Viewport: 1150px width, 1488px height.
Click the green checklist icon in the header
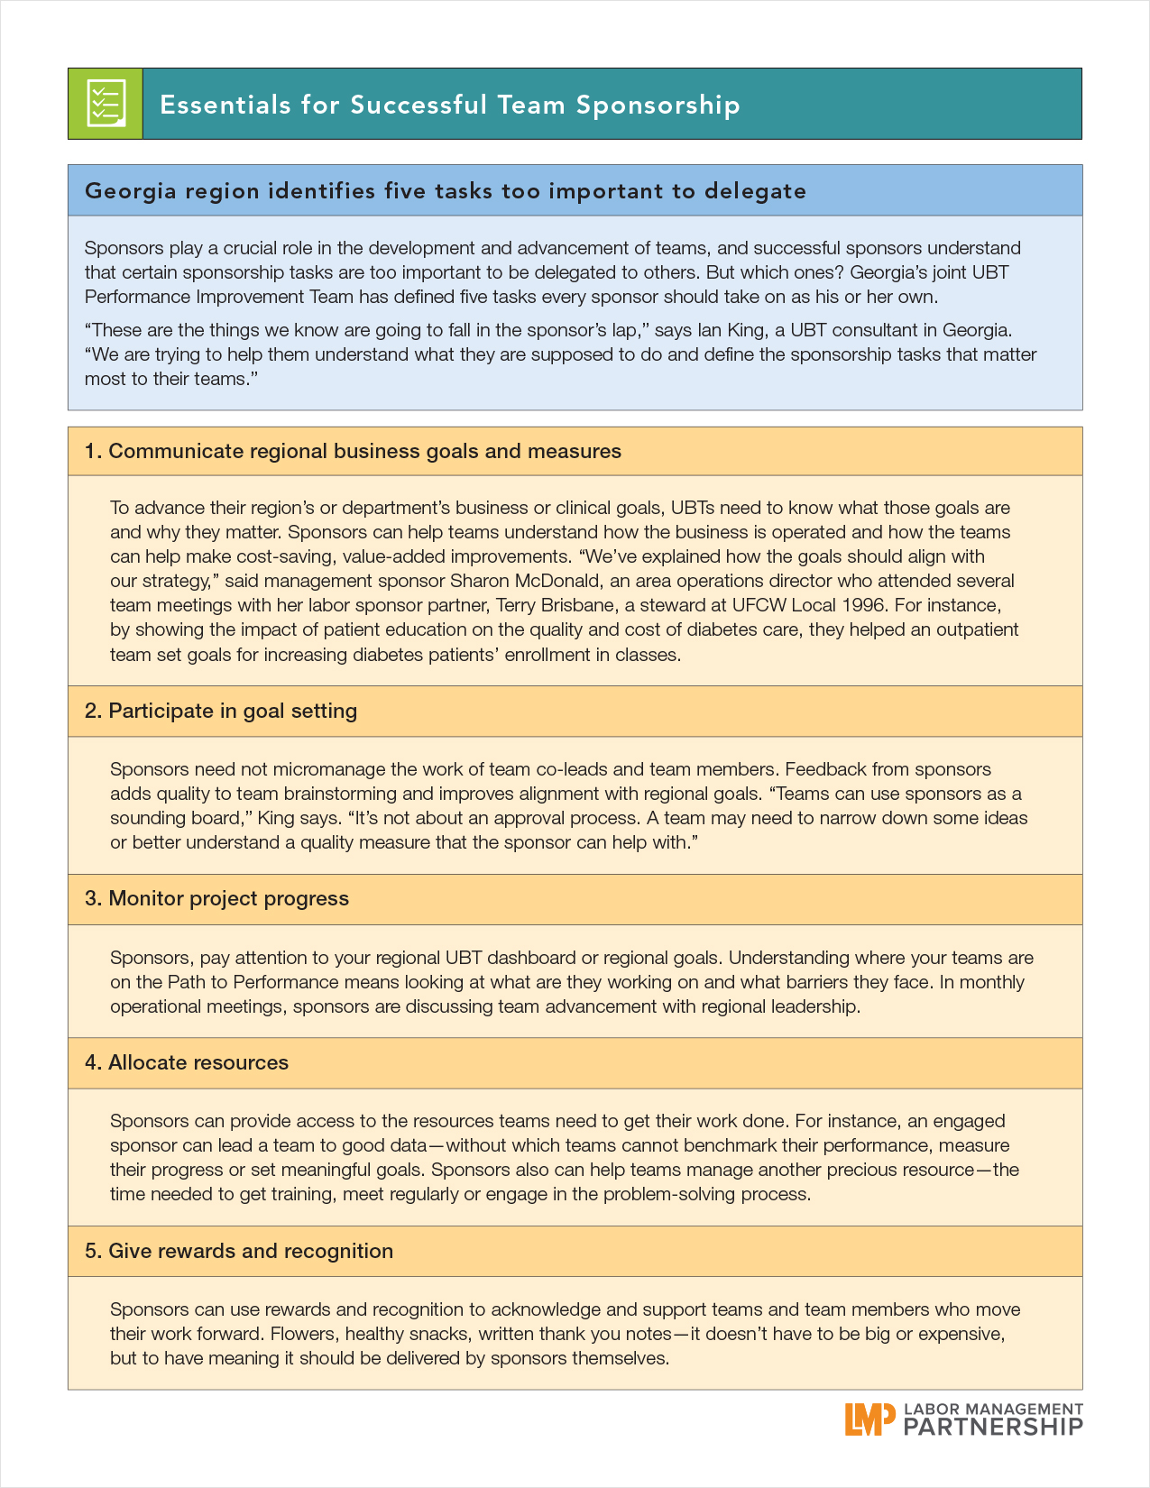tap(106, 104)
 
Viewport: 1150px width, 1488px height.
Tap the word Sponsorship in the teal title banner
tap(658, 106)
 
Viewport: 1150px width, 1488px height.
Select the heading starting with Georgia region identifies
tap(445, 191)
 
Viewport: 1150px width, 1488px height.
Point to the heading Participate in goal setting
tap(233, 711)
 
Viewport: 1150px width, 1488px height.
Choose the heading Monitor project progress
tap(228, 898)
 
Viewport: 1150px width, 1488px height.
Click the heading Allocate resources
tap(198, 1062)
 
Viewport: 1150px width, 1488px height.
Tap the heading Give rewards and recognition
tap(251, 1251)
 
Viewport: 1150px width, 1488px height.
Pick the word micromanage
tap(329, 769)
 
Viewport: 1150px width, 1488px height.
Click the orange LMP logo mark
tap(869, 1419)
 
